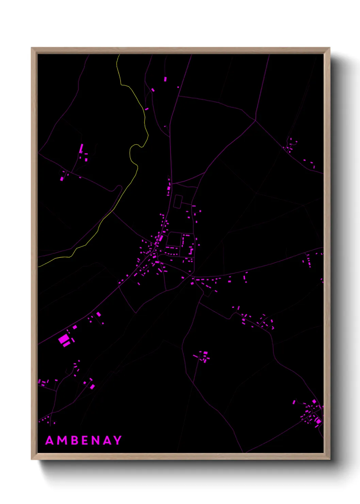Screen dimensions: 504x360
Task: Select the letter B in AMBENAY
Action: tap(73, 440)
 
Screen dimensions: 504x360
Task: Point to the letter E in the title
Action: tap(85, 440)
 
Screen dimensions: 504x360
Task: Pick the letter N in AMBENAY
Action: tap(96, 440)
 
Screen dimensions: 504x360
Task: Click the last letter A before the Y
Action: tap(108, 440)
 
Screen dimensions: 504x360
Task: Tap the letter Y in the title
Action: tap(118, 440)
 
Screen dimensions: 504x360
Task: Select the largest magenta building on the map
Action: tap(63, 339)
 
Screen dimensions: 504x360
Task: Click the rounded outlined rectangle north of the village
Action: tap(178, 201)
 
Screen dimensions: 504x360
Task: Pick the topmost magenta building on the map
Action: tap(165, 79)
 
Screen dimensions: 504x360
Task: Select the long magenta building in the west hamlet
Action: tap(81, 148)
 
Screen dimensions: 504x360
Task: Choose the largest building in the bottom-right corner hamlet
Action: tap(318, 421)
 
